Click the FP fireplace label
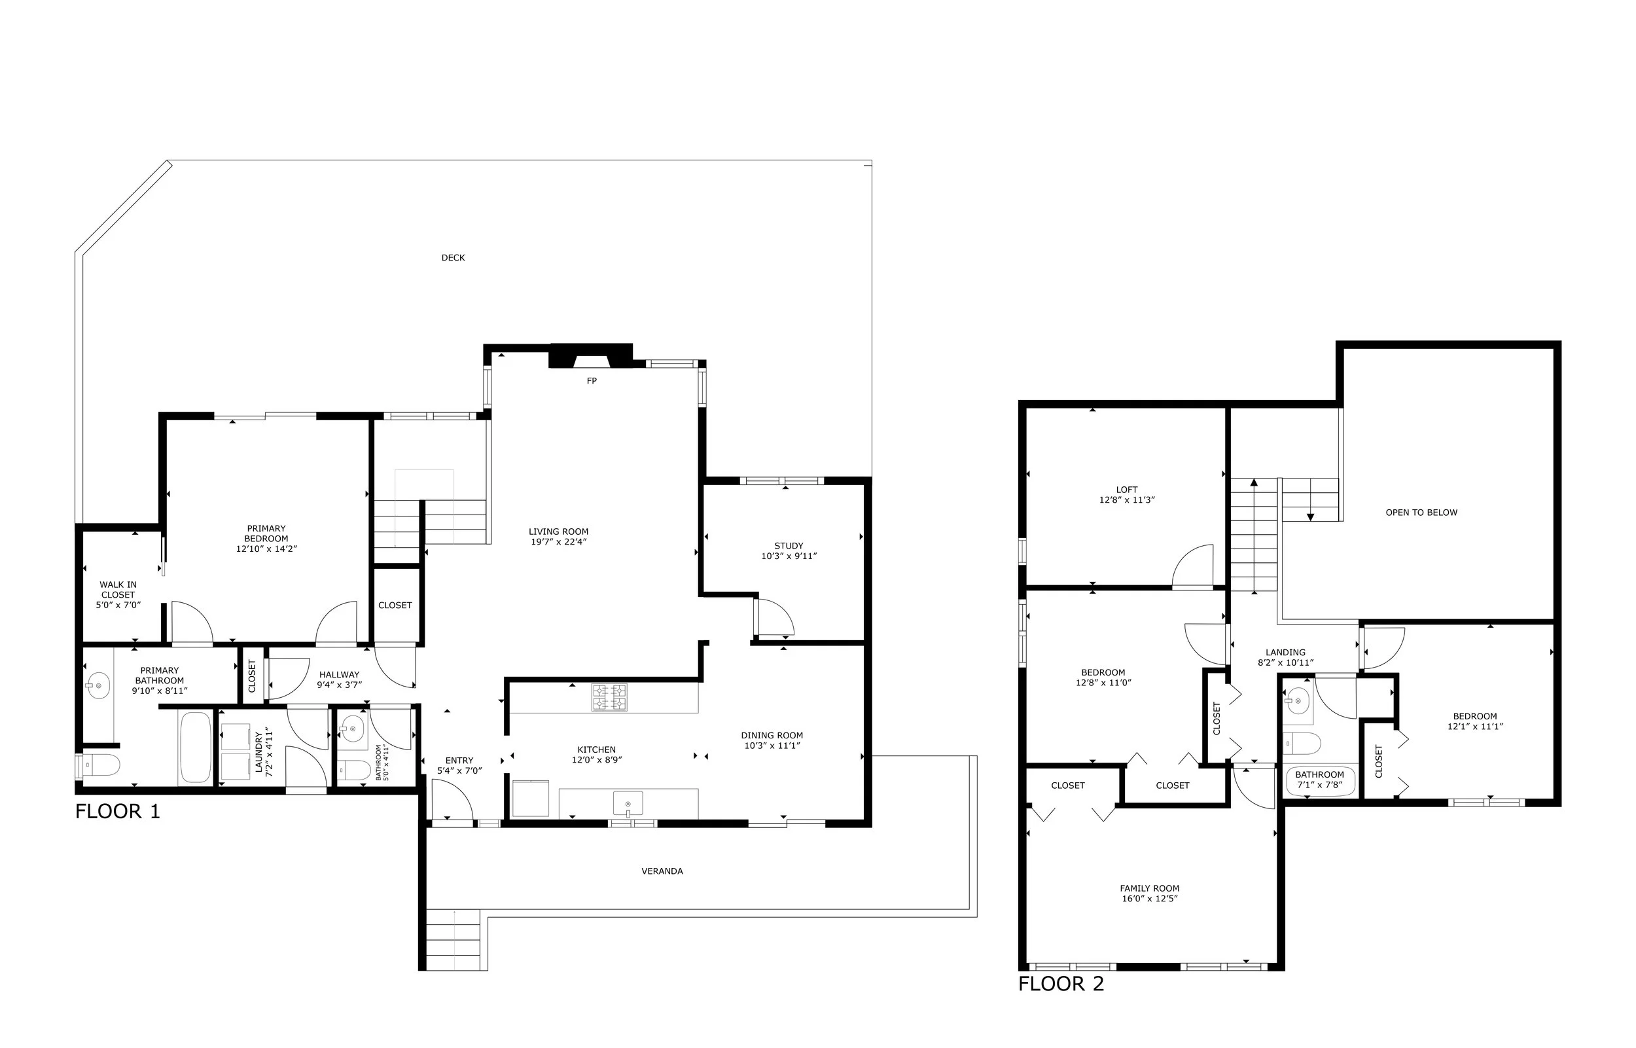point(591,381)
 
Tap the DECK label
point(453,258)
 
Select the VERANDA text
point(662,871)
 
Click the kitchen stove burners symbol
point(609,697)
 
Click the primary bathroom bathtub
point(196,746)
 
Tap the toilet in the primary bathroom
point(101,765)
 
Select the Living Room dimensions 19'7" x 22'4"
point(558,543)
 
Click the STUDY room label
point(789,546)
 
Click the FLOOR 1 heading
point(118,812)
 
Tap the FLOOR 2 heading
point(1061,984)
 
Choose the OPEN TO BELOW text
point(1421,513)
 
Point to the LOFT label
point(1126,489)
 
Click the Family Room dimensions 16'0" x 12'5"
point(1150,898)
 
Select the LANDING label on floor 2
point(1285,652)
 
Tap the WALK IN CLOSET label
point(118,589)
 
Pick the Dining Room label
point(772,735)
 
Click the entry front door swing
point(451,801)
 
